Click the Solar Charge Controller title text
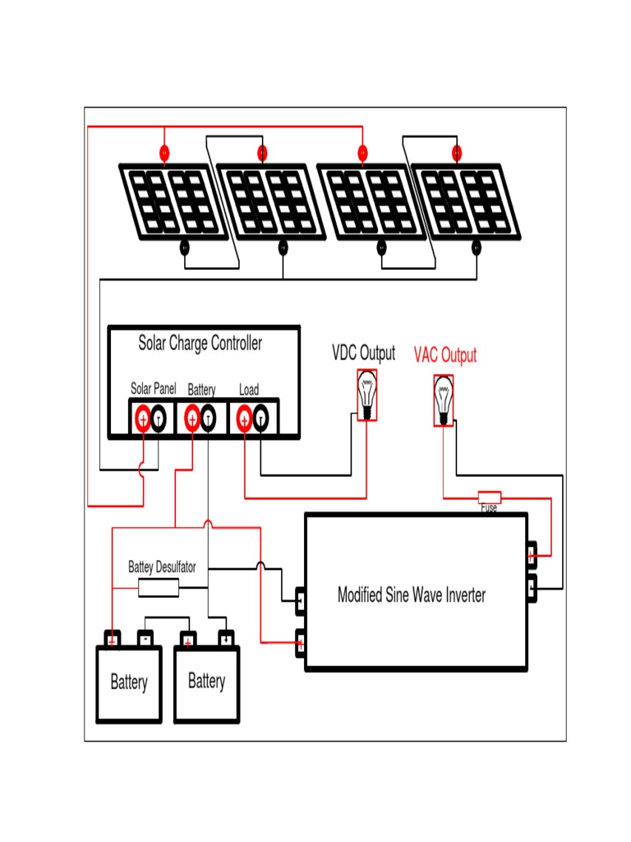(200, 343)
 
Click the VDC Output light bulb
(367, 395)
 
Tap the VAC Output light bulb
(444, 400)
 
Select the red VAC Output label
(444, 355)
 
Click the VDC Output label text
(363, 354)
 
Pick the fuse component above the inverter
(490, 497)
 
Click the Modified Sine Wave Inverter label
(412, 594)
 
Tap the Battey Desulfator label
(168, 567)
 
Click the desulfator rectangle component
(158, 587)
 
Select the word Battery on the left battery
(129, 682)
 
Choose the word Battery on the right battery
(206, 681)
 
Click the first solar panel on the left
(171, 202)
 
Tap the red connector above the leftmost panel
(164, 152)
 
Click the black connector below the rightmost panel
(477, 247)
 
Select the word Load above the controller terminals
(248, 390)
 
